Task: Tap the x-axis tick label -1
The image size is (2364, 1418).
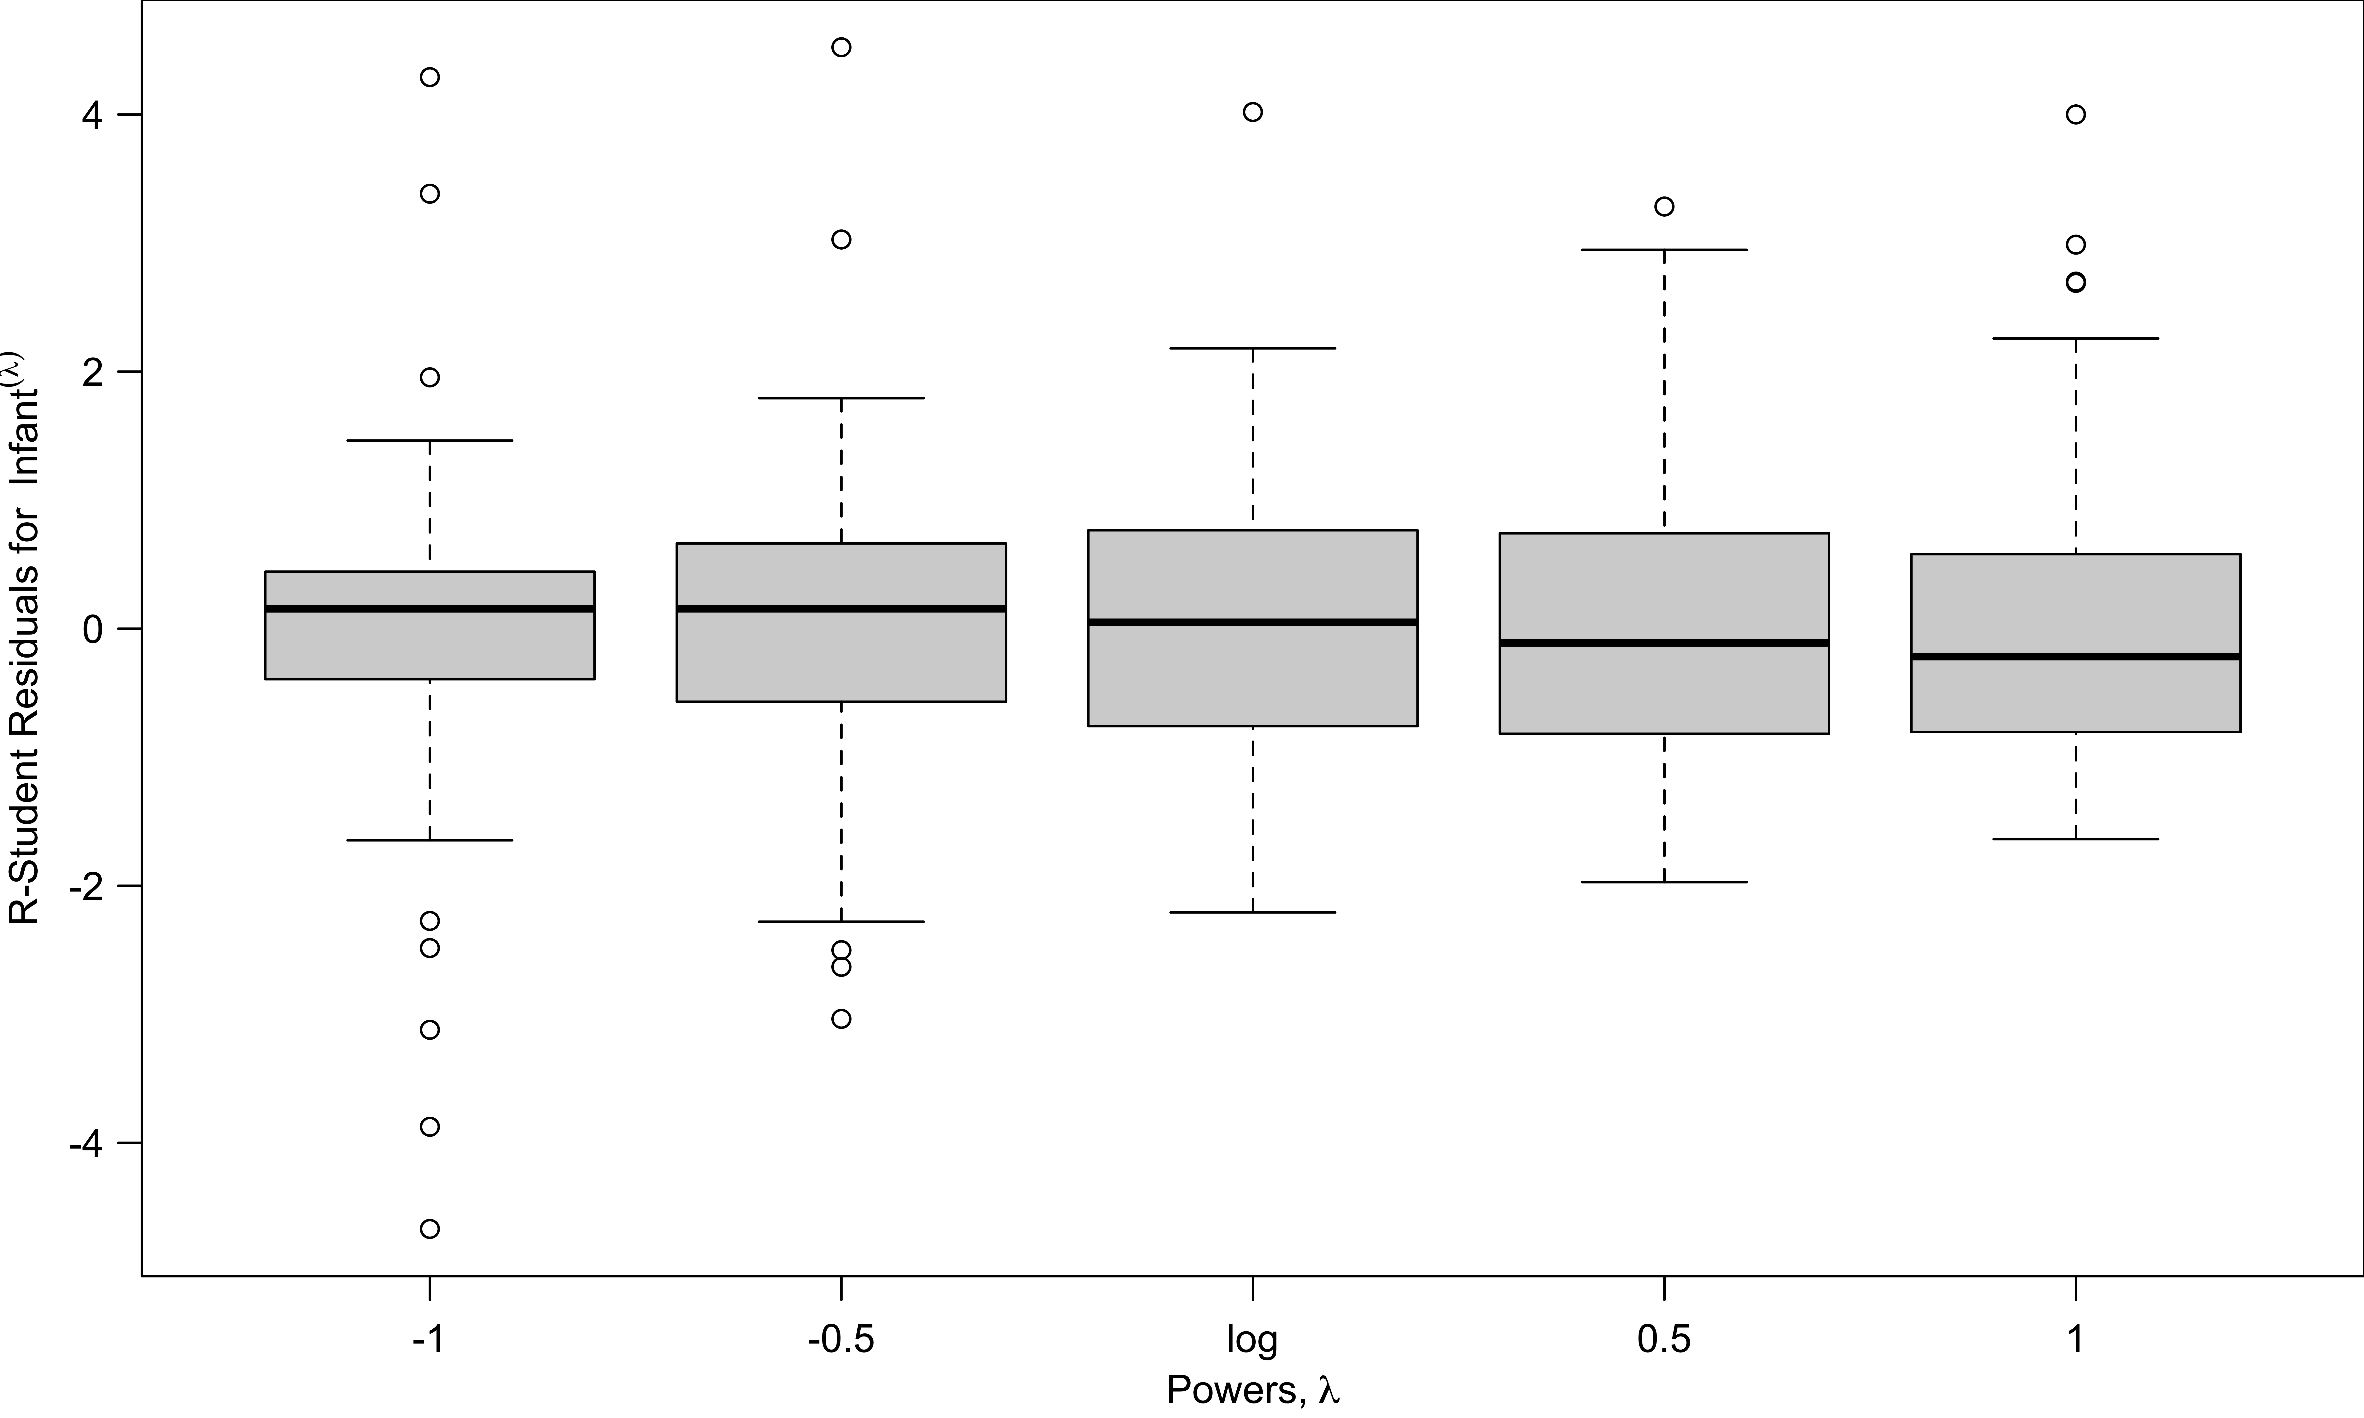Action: click(429, 1341)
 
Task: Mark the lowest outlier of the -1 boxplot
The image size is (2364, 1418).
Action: click(430, 1229)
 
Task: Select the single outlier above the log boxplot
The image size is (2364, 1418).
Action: click(1253, 112)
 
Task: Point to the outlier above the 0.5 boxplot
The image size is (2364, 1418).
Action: click(1665, 206)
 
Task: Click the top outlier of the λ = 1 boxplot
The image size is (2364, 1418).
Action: click(2075, 115)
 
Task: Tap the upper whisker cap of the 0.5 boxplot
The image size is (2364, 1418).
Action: click(1665, 249)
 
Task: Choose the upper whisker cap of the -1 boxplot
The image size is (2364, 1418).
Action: click(430, 440)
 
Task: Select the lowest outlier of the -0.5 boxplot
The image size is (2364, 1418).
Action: click(841, 1019)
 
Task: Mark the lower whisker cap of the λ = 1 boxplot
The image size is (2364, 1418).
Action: click(2075, 839)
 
